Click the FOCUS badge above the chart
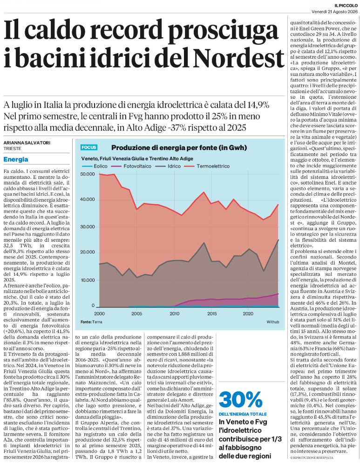tap(89, 147)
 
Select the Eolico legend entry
tap(94, 166)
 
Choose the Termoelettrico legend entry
tap(207, 166)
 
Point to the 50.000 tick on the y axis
tap(88, 174)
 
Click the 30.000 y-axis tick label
tap(88, 227)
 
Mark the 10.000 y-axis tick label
tap(88, 280)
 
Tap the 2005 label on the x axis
tap(136, 314)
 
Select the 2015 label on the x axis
tap(212, 314)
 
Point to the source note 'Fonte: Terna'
tap(91, 322)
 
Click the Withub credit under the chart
tap(273, 322)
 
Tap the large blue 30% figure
tap(240, 400)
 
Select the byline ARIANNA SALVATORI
tap(27, 143)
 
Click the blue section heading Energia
tap(16, 159)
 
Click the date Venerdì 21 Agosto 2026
tap(334, 12)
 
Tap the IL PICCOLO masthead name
tap(346, 5)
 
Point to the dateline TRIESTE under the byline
tap(13, 149)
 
